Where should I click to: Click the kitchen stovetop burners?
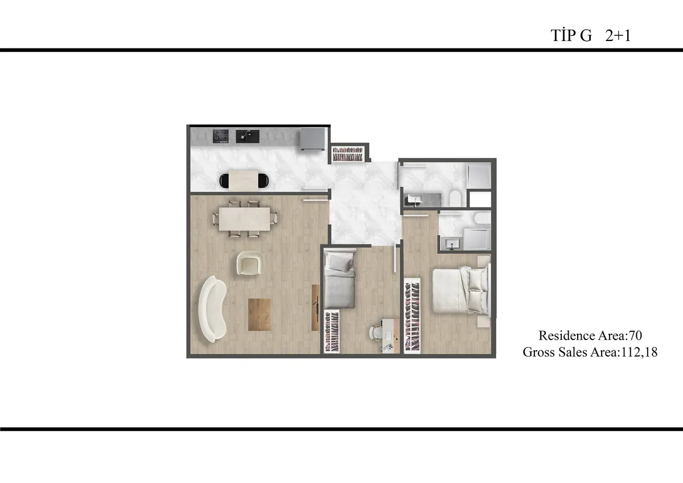pyautogui.click(x=220, y=136)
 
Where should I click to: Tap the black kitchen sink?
pyautogui.click(x=247, y=136)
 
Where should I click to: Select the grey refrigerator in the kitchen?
pyautogui.click(x=312, y=139)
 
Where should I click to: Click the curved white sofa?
pyautogui.click(x=212, y=309)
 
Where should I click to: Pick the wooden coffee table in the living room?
pyautogui.click(x=260, y=314)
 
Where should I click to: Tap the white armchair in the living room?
pyautogui.click(x=250, y=263)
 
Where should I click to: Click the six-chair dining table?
pyautogui.click(x=245, y=219)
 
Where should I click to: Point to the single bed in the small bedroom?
pyautogui.click(x=340, y=279)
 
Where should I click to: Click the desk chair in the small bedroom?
pyautogui.click(x=375, y=332)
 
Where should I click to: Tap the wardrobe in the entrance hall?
pyautogui.click(x=348, y=154)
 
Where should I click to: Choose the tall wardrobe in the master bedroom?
pyautogui.click(x=412, y=316)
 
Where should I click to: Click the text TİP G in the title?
pyautogui.click(x=571, y=36)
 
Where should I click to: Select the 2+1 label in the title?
pyautogui.click(x=618, y=36)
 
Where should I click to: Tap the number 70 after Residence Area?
pyautogui.click(x=635, y=335)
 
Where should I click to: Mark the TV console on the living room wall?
pyautogui.click(x=315, y=308)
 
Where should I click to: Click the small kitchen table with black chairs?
pyautogui.click(x=244, y=181)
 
